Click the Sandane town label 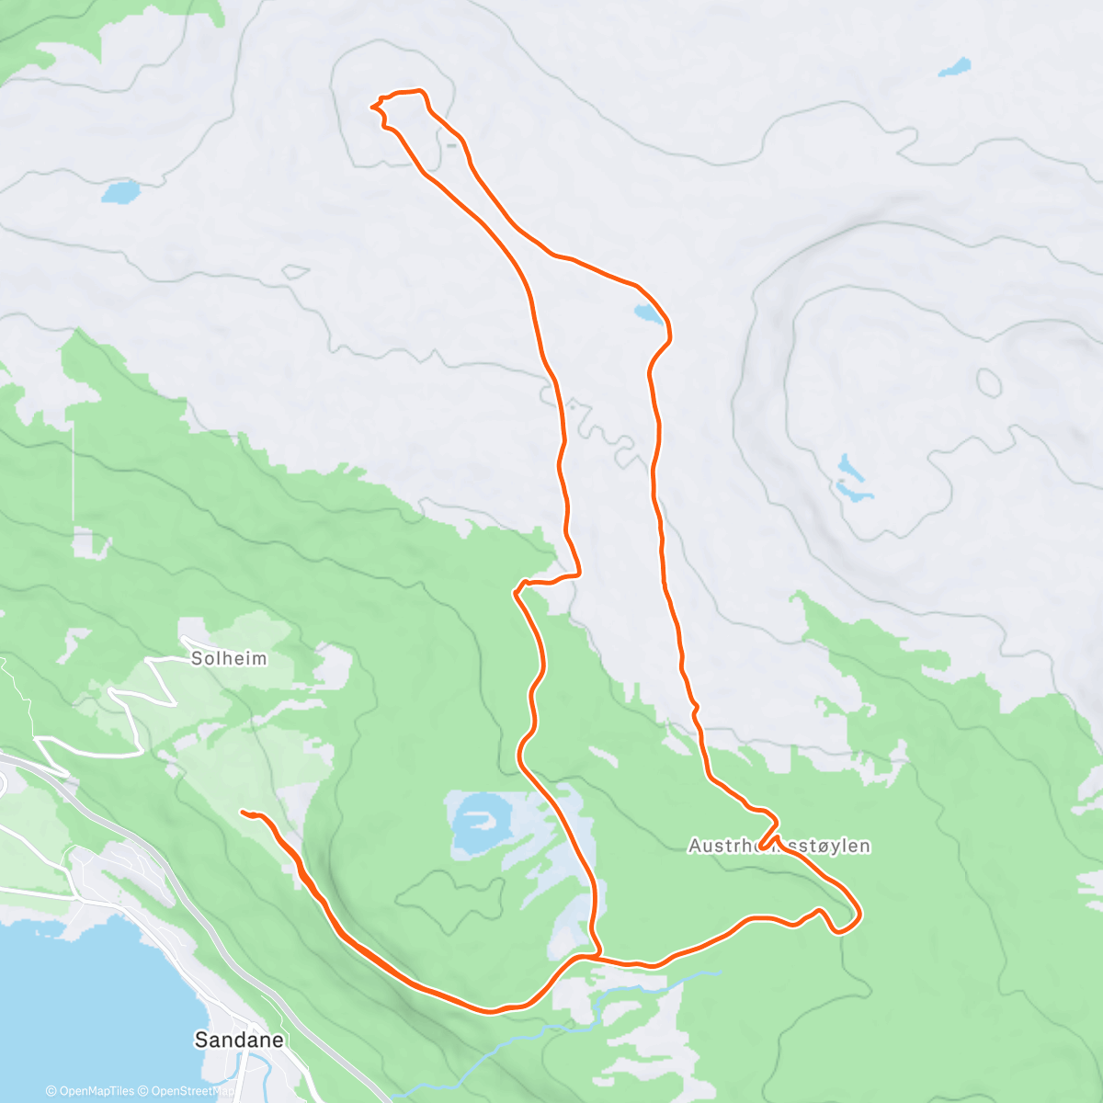click(x=238, y=1040)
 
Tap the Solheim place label click(x=229, y=658)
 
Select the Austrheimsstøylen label click(x=779, y=846)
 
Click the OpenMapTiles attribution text click(x=90, y=1091)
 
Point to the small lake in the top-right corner click(x=955, y=67)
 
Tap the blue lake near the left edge click(x=120, y=192)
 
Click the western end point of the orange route click(x=243, y=813)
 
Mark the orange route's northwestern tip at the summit click(x=373, y=107)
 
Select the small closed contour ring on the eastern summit click(x=989, y=381)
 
